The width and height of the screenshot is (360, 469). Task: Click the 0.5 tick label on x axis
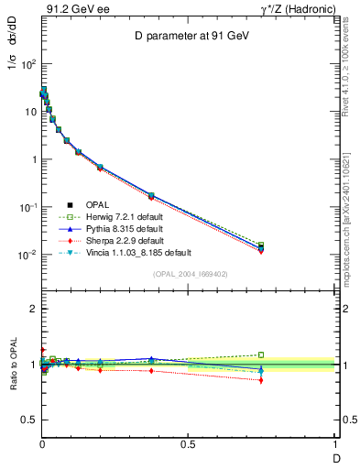[188, 444]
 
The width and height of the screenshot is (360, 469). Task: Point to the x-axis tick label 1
[334, 444]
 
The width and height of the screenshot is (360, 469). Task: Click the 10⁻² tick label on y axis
[27, 255]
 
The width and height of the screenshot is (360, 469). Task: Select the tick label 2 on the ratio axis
[32, 309]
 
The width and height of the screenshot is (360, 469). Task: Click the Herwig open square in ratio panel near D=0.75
[261, 354]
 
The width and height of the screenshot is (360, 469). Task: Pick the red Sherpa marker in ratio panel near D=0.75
[261, 380]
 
